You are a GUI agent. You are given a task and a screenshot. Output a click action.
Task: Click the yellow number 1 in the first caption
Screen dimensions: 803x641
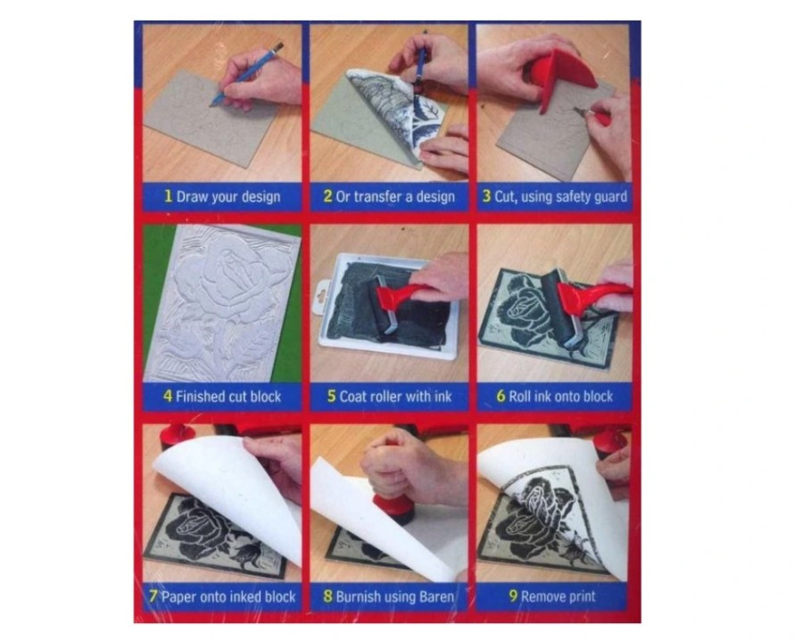point(168,196)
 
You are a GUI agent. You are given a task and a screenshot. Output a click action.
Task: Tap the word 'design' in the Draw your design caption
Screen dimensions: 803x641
point(261,196)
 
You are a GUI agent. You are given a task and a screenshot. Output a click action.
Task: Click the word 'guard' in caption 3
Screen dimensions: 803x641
point(610,197)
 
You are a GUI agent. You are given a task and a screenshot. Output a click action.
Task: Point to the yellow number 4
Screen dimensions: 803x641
point(168,396)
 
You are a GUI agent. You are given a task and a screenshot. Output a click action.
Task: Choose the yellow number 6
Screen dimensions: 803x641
point(501,396)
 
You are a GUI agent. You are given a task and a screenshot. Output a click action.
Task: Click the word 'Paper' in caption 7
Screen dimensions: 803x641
point(178,596)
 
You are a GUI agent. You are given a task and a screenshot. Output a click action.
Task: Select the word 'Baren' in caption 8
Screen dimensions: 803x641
point(436,596)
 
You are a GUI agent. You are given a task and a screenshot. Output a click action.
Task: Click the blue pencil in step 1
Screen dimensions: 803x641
point(247,75)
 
